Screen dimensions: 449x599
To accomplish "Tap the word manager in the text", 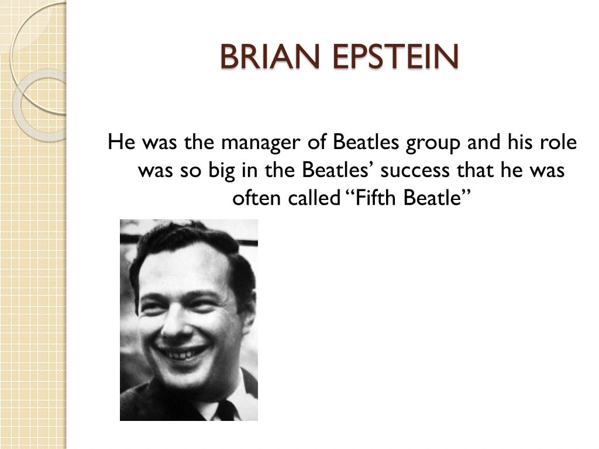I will click(x=257, y=143).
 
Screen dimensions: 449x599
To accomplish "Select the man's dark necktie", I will click(x=225, y=411).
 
